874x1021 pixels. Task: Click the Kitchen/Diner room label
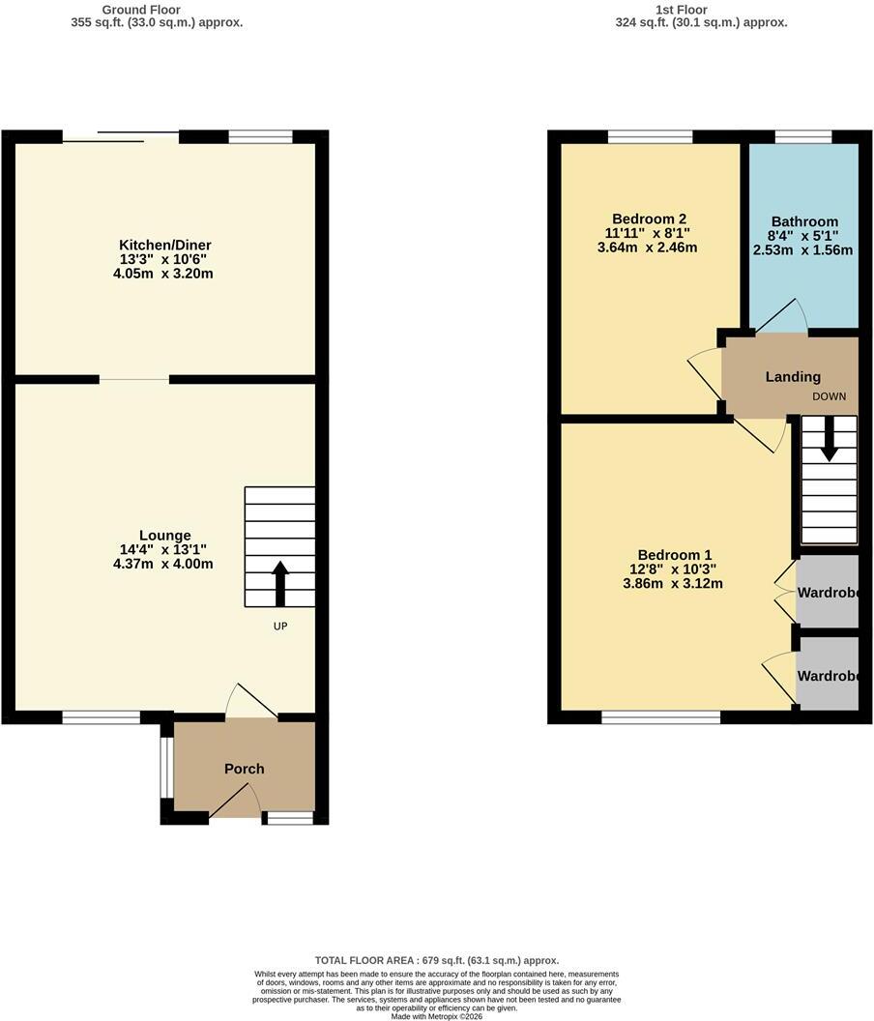[x=164, y=246]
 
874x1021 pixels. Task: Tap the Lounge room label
[x=164, y=536]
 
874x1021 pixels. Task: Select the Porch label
[x=245, y=769]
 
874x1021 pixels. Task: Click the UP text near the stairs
[x=280, y=627]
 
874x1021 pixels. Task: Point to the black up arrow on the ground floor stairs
[x=280, y=583]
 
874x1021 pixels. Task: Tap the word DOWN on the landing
[x=830, y=396]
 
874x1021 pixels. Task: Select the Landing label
[x=793, y=377]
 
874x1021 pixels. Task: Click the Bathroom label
[x=804, y=221]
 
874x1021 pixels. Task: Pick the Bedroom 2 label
[x=650, y=219]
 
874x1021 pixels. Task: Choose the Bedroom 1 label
[x=674, y=555]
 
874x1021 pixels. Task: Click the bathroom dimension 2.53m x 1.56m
[x=802, y=250]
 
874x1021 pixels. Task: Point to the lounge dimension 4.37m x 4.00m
[x=162, y=564]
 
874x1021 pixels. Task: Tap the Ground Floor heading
[x=141, y=10]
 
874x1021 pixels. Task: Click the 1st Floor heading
[x=682, y=10]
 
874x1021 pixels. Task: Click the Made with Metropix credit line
[x=437, y=1016]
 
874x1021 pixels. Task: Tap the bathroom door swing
[x=781, y=316]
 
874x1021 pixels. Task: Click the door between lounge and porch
[x=251, y=701]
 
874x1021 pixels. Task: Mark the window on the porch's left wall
[x=166, y=767]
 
